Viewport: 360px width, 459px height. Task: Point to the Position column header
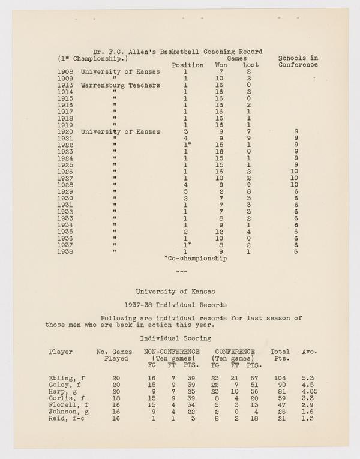pyautogui.click(x=188, y=65)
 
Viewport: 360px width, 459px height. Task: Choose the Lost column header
pyautogui.click(x=251, y=65)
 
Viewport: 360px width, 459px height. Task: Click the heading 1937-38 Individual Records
pyautogui.click(x=179, y=305)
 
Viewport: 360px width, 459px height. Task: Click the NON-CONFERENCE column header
pyautogui.click(x=171, y=352)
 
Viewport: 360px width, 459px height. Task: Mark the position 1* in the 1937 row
pyautogui.click(x=187, y=245)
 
